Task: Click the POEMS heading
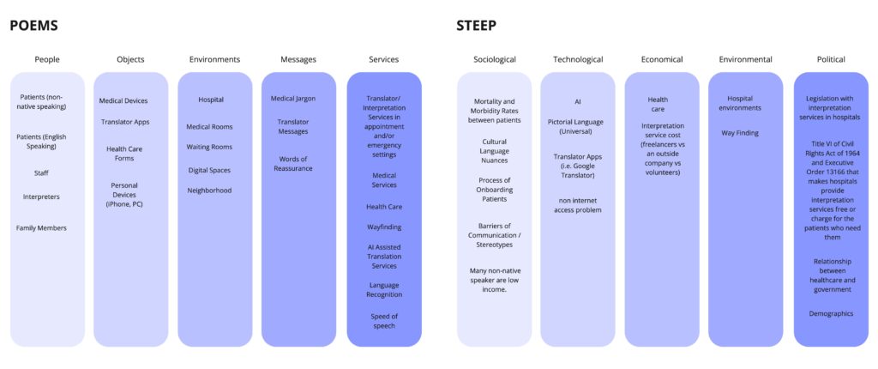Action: point(33,26)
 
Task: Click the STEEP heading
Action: point(476,26)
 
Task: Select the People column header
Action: point(47,59)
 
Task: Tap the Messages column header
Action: point(298,59)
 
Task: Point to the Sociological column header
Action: point(494,59)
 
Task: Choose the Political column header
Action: point(830,59)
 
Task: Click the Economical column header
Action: point(661,59)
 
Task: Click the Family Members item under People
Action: point(41,227)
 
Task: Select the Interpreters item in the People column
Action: point(41,197)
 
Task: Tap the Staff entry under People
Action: point(41,172)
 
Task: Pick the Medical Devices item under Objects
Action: point(123,100)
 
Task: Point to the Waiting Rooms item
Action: point(209,147)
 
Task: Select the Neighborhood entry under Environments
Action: point(209,190)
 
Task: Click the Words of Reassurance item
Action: point(293,163)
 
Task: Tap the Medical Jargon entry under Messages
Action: point(293,98)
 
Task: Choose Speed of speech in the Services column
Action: point(383,321)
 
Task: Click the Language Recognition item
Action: point(383,289)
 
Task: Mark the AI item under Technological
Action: point(577,100)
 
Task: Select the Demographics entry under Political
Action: point(831,313)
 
